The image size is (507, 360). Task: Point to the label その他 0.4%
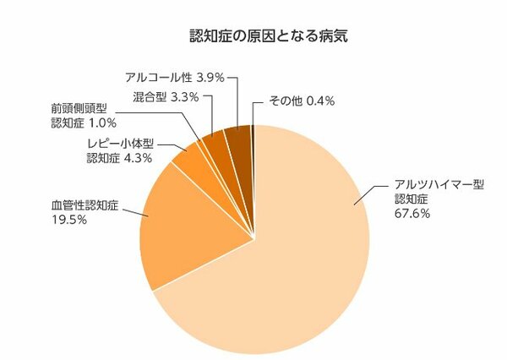pyautogui.click(x=302, y=101)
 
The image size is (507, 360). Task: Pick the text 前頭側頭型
pyautogui.click(x=79, y=109)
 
